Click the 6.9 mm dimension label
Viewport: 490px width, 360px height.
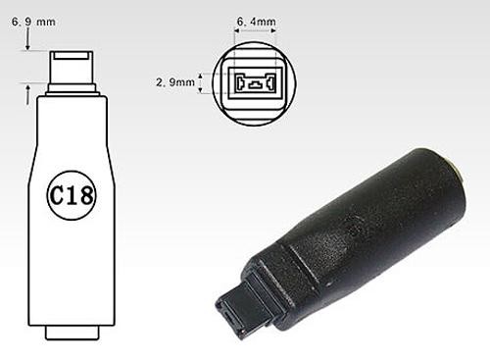(x=33, y=22)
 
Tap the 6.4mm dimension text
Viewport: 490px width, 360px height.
(x=257, y=22)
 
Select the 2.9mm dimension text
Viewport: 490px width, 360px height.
(x=175, y=82)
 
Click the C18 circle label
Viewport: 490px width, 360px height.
(x=72, y=195)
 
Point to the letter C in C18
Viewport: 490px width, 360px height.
(x=56, y=195)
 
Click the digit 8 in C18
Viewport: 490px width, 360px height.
(x=86, y=195)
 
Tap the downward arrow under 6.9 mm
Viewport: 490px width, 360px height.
(x=28, y=38)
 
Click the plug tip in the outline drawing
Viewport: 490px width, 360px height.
(x=72, y=68)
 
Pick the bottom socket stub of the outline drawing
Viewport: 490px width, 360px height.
(x=72, y=333)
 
